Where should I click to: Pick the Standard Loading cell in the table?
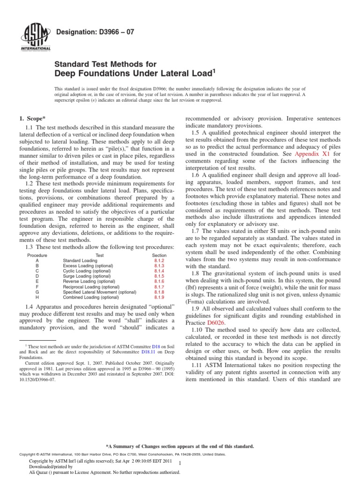click(x=80, y=260)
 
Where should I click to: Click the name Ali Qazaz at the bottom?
click(x=40, y=472)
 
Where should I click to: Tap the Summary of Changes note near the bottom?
click(x=180, y=446)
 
